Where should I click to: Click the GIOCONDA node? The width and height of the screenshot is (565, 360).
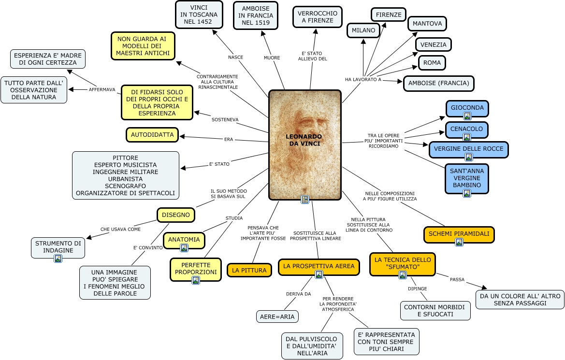click(x=467, y=107)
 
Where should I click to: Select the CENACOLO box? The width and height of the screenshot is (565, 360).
click(x=466, y=129)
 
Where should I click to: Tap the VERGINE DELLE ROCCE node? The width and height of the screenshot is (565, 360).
click(x=468, y=149)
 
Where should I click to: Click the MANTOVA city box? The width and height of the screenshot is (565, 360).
click(x=427, y=23)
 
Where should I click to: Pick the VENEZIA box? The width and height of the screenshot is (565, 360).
click(x=433, y=44)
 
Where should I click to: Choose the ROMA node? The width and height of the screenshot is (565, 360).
click(x=432, y=63)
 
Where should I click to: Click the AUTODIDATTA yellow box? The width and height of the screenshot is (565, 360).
click(x=152, y=135)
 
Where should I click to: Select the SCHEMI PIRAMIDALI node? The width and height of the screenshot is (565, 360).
click(x=459, y=234)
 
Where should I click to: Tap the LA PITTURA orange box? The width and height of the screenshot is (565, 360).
click(x=249, y=271)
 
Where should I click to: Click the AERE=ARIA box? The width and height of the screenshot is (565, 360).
click(x=277, y=317)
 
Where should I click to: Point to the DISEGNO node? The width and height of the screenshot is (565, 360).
click(x=176, y=215)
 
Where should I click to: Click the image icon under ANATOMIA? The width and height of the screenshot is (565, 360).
click(x=184, y=248)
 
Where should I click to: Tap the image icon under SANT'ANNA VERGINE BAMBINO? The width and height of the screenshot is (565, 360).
click(x=467, y=193)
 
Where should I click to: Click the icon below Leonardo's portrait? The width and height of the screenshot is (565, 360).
click(x=305, y=200)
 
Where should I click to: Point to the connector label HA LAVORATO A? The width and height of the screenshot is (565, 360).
click(x=363, y=79)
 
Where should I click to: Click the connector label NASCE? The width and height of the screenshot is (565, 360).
click(x=235, y=57)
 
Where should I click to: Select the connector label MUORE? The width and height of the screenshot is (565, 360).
click(x=272, y=58)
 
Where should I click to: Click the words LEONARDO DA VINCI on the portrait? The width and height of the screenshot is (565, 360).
click(x=305, y=140)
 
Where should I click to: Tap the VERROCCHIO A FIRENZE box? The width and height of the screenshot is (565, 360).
click(x=317, y=17)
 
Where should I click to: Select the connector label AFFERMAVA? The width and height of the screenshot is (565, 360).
click(x=102, y=89)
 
